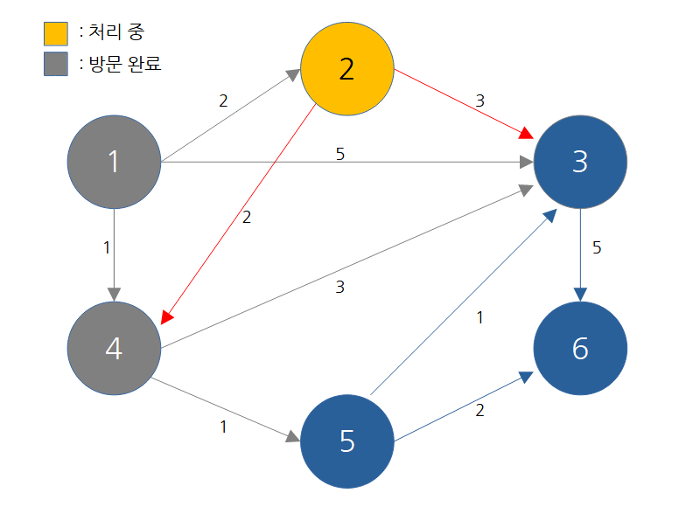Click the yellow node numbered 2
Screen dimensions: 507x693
coord(346,69)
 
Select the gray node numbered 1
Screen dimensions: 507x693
coord(114,162)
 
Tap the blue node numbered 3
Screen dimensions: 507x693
coord(580,162)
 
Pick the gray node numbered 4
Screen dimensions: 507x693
coord(114,348)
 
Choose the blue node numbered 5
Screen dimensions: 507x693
coord(346,441)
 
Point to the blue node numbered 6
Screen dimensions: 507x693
coord(580,348)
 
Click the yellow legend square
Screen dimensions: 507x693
coord(56,34)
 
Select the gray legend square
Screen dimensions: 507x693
coord(56,65)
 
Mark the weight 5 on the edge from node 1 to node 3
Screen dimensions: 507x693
coord(340,154)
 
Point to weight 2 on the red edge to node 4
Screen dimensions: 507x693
coord(246,218)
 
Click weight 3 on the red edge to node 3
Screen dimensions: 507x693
coord(479,101)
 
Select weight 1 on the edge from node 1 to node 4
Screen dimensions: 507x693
coord(107,247)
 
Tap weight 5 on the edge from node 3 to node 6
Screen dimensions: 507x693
coord(597,247)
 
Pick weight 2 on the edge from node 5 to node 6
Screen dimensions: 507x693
coord(479,410)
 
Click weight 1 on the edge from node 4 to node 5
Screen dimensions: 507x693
coord(223,427)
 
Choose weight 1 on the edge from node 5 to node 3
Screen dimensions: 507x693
coord(479,318)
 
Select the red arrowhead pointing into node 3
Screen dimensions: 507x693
coord(526,134)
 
